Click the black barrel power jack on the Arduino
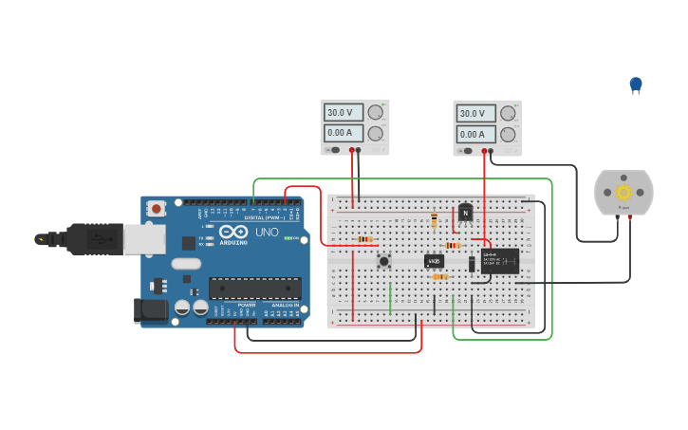[149, 308]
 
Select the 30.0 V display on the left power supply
[343, 112]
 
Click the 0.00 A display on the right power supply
[475, 135]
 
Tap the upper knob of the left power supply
[377, 112]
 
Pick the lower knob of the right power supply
[509, 134]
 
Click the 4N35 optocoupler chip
[434, 261]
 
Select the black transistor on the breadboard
[465, 213]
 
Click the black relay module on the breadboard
[499, 261]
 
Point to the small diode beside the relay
[472, 264]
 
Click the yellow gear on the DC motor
[623, 192]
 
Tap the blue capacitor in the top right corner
[636, 84]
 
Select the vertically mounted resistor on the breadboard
[435, 221]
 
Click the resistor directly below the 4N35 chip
[439, 276]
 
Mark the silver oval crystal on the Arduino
[187, 264]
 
